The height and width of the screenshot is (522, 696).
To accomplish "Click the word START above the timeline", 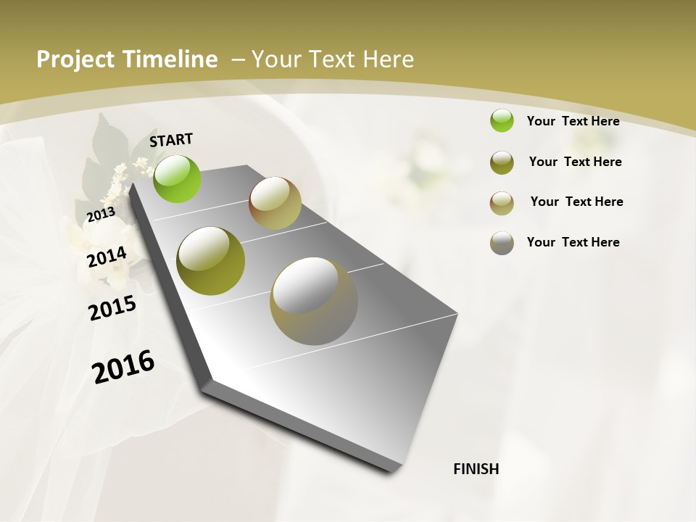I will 171,140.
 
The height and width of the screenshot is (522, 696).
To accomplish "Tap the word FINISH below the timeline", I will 476,469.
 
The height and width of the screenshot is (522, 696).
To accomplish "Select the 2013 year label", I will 101,214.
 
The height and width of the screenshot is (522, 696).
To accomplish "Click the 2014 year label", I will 107,257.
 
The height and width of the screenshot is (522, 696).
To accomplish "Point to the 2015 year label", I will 112,308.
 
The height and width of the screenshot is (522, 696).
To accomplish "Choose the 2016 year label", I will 123,366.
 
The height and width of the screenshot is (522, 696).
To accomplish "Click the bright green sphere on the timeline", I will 178,179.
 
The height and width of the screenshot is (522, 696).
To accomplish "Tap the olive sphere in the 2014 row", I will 210,261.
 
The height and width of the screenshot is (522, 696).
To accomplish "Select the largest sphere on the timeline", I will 314,301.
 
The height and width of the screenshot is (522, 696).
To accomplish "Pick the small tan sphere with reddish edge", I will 275,203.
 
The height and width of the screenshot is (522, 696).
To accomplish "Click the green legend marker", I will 502,120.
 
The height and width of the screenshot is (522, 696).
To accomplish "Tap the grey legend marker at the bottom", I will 502,243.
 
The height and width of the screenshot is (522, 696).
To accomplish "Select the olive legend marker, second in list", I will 502,162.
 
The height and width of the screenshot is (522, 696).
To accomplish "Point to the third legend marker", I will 502,203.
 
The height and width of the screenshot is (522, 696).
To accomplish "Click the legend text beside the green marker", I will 573,121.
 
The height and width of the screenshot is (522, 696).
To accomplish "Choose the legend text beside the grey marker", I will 573,242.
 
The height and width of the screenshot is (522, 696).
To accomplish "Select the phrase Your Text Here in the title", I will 333,59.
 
